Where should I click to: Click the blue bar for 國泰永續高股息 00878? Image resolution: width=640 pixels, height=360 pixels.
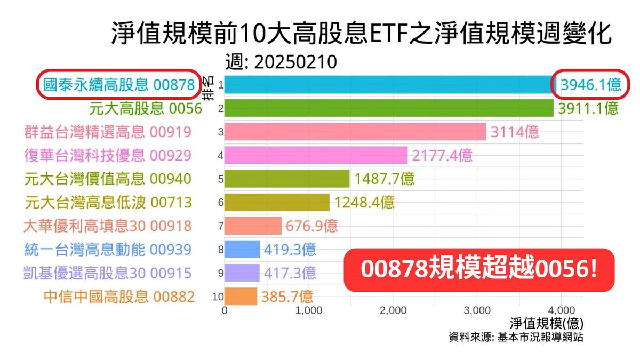(x=389, y=85)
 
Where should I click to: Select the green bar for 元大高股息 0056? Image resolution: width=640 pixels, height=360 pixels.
(x=389, y=108)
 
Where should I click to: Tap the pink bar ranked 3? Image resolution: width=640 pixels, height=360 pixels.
(x=355, y=132)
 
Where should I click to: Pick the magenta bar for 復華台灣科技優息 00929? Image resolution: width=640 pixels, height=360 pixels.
(x=316, y=155)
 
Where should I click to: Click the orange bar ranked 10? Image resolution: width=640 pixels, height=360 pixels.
(x=241, y=296)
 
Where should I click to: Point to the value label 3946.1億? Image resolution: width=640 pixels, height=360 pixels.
(x=589, y=85)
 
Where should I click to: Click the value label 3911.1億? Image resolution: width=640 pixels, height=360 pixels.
(x=588, y=108)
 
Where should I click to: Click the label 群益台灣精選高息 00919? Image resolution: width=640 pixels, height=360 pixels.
(x=108, y=132)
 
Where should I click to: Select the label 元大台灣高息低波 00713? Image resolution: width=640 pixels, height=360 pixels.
(x=108, y=202)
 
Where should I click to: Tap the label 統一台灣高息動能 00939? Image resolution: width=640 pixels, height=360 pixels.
(x=108, y=249)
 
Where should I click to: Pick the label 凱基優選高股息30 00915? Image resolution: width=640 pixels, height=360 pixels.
(x=108, y=273)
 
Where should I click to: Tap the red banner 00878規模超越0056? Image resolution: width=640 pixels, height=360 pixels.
(x=479, y=270)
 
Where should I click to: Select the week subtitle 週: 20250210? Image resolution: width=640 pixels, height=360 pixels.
(x=281, y=62)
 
